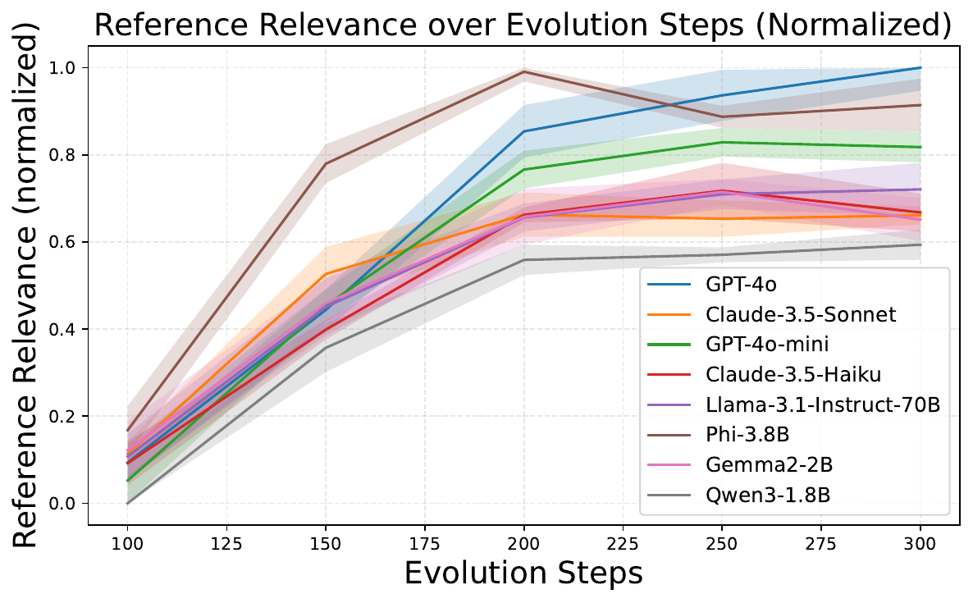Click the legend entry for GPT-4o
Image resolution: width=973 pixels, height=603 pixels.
coord(741,284)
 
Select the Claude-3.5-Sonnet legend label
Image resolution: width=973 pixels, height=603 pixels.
coord(801,314)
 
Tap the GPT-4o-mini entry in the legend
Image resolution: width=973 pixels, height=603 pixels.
coord(767,345)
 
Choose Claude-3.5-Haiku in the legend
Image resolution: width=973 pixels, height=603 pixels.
coord(793,375)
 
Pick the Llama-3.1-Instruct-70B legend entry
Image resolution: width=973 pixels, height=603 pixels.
coord(823,404)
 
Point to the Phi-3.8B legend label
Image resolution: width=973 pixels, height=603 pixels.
coord(747,435)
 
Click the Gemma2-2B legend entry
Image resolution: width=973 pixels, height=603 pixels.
coord(769,464)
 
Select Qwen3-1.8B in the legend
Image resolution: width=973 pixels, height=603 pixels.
coord(768,495)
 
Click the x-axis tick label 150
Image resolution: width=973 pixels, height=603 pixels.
coord(326,544)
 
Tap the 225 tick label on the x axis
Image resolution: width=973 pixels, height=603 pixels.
coord(623,544)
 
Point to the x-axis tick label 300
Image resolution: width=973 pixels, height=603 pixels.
coord(920,544)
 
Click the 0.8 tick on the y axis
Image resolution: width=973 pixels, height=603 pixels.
coord(62,154)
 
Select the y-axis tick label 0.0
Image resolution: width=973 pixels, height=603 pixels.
coord(62,504)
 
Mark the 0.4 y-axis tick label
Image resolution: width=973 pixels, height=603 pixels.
coord(62,329)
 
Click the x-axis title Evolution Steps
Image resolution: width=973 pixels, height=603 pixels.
coord(523,573)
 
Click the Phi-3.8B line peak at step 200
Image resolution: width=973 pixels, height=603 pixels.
coord(523,71)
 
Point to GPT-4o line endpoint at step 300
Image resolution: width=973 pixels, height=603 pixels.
coord(920,67)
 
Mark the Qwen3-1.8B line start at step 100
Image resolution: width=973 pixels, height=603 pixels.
coord(128,503)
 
